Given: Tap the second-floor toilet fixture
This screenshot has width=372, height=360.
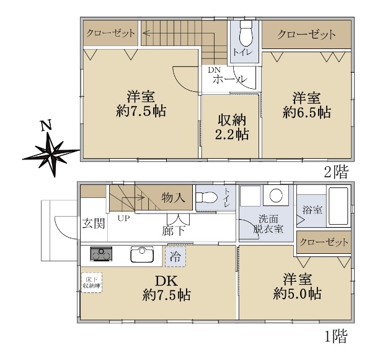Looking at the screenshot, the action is point(246,34).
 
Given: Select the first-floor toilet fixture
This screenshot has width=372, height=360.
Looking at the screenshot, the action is point(206,197).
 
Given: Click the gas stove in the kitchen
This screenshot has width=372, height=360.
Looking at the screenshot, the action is point(101,254).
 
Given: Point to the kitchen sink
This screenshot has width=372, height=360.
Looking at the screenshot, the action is point(142,254).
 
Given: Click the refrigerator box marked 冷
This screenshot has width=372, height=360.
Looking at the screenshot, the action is point(175,256).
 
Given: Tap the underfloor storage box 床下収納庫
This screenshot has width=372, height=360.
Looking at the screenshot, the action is point(92,282).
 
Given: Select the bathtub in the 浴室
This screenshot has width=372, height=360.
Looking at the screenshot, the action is point(339,206).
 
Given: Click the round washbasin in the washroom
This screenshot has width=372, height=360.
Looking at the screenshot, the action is point(276,195).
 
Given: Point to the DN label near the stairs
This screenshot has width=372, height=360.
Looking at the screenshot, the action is point(215,70).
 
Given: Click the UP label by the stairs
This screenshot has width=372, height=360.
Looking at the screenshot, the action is point(124,218).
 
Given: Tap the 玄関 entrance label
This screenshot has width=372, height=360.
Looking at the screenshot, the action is point(94,223).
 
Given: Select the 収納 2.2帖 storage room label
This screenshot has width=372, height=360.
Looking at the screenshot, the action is point(232,127).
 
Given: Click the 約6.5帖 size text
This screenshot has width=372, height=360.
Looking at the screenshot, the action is point(306,112).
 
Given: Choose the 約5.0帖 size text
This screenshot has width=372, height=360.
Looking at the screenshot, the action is point(297,294).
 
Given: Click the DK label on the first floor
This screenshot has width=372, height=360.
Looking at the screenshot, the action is point(166,281).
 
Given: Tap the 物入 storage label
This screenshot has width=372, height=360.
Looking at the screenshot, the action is point(173,197).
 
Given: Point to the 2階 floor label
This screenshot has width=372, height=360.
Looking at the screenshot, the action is point(337,172).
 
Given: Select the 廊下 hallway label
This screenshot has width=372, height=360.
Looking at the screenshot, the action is point(174,230).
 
